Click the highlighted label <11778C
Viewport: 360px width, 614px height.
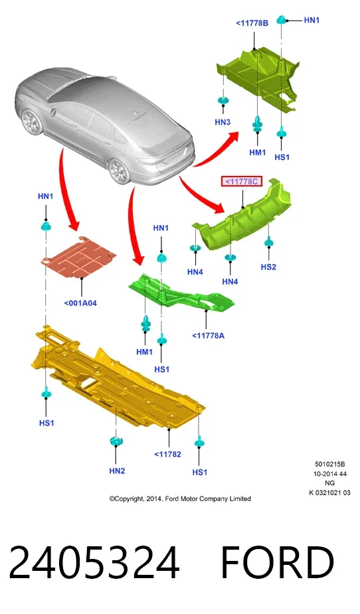242,181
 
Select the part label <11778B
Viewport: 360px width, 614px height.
252,23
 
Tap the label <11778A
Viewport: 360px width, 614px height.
208,335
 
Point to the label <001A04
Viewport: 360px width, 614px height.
80,303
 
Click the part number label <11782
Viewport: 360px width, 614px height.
167,454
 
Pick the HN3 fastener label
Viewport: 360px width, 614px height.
223,122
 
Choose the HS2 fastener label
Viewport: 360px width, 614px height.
268,267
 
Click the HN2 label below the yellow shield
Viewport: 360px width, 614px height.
117,471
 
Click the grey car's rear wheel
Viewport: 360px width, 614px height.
119,171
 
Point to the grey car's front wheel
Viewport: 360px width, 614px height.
31,121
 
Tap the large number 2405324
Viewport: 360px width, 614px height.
94,563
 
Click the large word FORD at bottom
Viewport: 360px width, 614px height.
278,563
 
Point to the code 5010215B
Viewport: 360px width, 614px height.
330,464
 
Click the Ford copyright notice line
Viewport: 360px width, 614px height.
180,499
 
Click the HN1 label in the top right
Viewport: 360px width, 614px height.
312,20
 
